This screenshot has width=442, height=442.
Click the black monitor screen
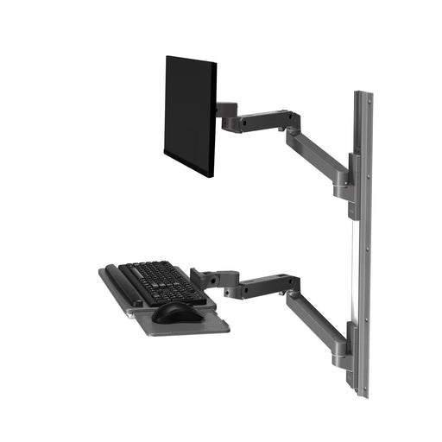(189, 114)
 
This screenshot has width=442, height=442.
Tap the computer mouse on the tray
(173, 313)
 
